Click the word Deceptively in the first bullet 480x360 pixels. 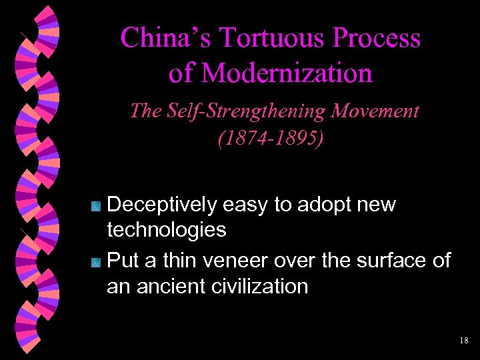[162, 205]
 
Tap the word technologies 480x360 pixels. [167, 231]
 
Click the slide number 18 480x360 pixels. [464, 341]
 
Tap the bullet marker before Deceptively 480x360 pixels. [96, 206]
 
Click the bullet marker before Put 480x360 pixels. [96, 260]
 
